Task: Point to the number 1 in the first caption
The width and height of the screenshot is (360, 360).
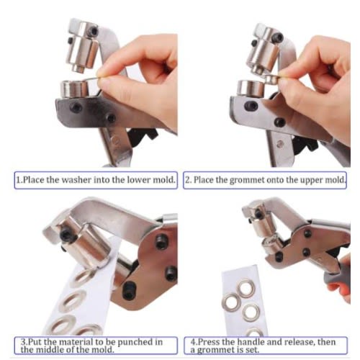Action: click(18, 180)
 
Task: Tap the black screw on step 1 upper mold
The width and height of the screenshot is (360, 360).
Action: click(94, 31)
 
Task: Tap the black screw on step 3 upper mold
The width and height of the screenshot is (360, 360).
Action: click(66, 234)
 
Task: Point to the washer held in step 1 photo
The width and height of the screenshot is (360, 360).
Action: click(92, 78)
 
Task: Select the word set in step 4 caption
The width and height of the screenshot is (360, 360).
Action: click(253, 350)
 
